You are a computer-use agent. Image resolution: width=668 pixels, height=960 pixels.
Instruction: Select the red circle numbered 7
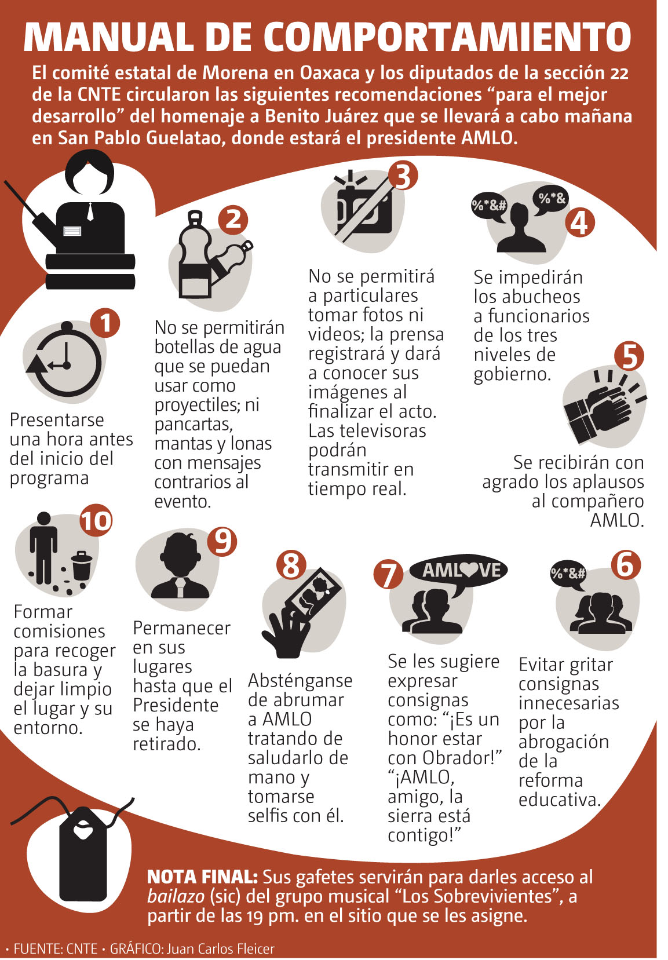coord(388,574)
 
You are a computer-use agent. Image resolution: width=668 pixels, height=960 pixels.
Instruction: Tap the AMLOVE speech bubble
coord(458,572)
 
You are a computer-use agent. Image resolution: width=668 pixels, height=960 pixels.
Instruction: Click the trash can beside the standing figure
coord(82,565)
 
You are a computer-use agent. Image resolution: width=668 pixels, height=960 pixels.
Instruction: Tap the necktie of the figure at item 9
coord(181,587)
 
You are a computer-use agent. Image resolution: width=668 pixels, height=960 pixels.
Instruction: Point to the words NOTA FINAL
coord(202,877)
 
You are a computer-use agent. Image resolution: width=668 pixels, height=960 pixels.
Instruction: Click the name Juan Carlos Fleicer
coord(221,949)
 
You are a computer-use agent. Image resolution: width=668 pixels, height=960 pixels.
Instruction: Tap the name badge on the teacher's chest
coord(72,231)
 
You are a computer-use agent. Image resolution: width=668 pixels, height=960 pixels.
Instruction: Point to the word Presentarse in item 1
coord(57,420)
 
